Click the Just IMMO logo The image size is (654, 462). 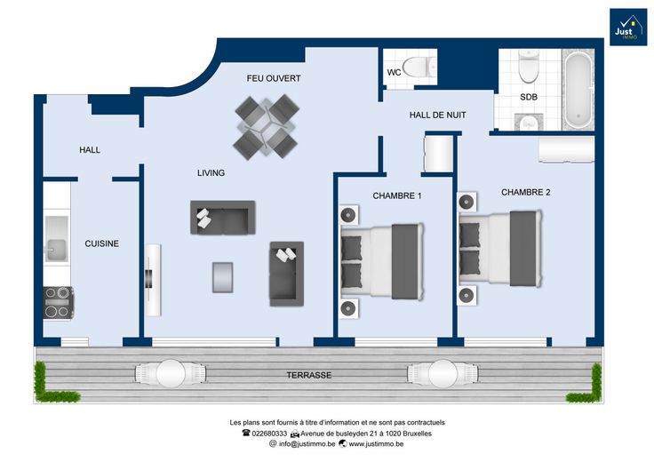coord(628,27)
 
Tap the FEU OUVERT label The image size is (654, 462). coord(274,78)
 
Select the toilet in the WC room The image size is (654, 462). coord(419,67)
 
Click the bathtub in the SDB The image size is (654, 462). coord(578,91)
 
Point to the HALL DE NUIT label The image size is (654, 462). coord(437,115)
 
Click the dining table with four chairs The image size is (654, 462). coord(266,127)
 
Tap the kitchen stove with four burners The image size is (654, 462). coord(59,303)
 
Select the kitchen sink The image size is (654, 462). coord(56,239)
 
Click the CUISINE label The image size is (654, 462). coord(102,243)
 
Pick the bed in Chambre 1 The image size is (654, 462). coord(381,261)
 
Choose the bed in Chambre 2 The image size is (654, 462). coord(500,249)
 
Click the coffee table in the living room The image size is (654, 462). coord(222,277)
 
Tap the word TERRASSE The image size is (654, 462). coord(309,375)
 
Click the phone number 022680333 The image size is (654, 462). coord(269,434)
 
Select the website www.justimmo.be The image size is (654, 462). coord(376,444)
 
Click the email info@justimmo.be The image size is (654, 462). coord(307,444)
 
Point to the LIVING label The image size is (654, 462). coord(211,172)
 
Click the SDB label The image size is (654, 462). coord(529,97)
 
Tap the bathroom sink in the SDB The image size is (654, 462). coord(530,122)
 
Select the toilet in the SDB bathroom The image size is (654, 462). coord(529,67)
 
